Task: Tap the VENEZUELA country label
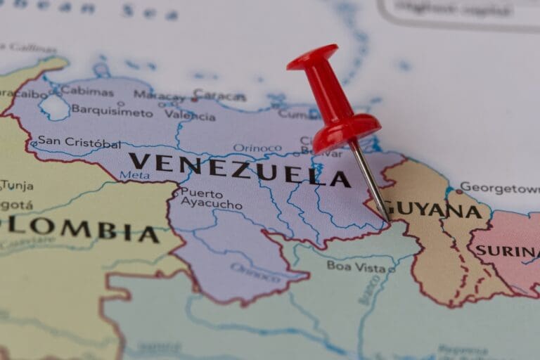pos(239,169)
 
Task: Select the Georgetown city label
pos(500,188)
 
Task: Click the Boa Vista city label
pos(356,266)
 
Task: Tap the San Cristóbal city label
pos(79,142)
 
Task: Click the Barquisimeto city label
pos(112,111)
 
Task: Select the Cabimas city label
pos(86,91)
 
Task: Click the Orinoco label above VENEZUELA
pos(257,148)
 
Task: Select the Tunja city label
pos(17,186)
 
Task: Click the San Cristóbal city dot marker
pos(33,144)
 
